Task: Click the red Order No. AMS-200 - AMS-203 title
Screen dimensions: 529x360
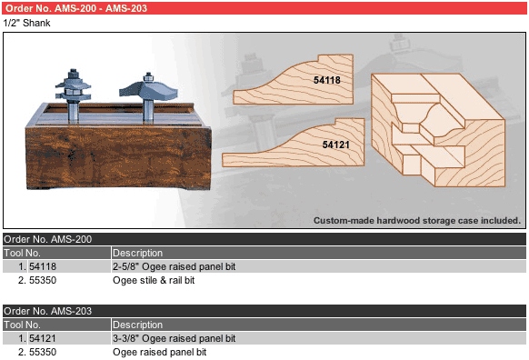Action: tap(76, 8)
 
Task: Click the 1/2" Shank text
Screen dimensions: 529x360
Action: tap(26, 23)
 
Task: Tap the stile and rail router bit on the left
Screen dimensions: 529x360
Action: tap(73, 95)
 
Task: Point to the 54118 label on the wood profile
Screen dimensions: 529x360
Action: tap(327, 80)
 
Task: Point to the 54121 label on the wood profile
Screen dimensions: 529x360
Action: tap(335, 145)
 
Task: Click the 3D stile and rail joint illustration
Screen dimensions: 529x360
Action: tap(438, 130)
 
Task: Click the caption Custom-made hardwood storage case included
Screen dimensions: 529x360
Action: tap(417, 221)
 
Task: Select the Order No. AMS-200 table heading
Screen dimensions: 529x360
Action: tap(47, 239)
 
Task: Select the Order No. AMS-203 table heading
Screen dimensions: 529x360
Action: tap(47, 311)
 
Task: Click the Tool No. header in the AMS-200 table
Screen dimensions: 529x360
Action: tap(22, 253)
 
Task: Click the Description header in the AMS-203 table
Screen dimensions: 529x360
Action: tap(137, 325)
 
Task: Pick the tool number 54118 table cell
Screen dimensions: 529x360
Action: tap(43, 266)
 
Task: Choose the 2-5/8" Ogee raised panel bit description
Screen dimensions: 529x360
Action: tap(175, 266)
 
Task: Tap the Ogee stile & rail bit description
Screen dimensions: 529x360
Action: tap(154, 280)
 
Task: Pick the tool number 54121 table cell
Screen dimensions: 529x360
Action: tap(43, 338)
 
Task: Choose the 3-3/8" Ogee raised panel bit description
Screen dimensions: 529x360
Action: tap(175, 338)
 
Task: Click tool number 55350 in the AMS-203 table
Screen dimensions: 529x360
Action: tap(43, 352)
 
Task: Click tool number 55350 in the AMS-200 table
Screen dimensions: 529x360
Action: tap(43, 280)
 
